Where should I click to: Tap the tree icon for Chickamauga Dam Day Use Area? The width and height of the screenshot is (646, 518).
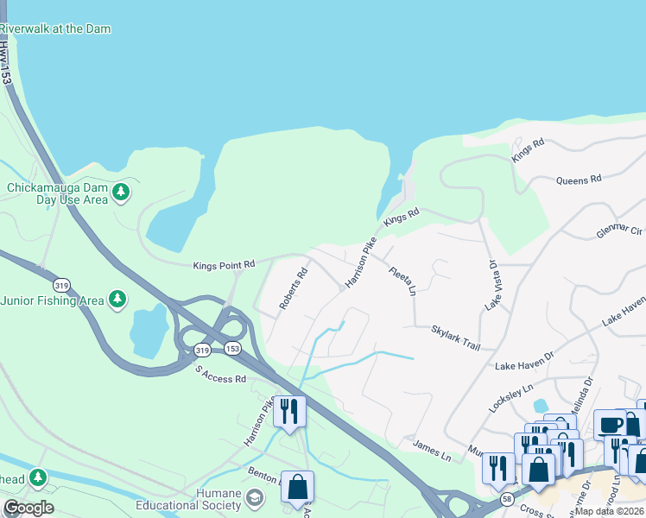122,192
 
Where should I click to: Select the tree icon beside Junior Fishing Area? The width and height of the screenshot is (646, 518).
118,300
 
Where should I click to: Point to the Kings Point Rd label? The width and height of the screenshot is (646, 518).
224,264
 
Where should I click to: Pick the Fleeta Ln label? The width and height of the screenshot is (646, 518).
402,280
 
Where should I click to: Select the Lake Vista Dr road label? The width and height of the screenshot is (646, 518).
492,285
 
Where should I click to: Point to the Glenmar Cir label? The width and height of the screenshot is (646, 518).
620,231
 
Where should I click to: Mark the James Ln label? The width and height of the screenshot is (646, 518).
432,451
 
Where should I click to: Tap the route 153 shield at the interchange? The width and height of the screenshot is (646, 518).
232,348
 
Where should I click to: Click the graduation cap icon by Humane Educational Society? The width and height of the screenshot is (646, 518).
255,497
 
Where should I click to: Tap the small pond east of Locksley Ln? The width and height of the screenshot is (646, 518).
541,405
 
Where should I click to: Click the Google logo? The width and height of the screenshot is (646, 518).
28,508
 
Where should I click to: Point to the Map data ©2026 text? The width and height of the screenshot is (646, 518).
610,511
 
